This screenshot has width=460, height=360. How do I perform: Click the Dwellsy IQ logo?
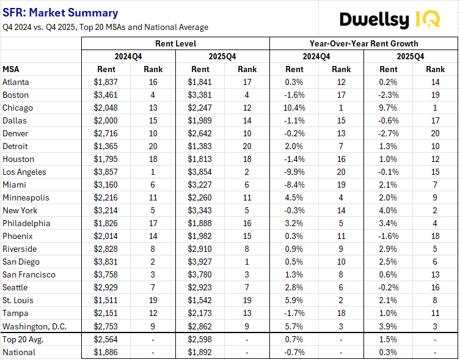tap(389, 19)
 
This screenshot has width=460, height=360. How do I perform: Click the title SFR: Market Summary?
tap(60, 13)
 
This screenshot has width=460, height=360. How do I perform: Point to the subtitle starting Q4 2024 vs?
tap(105, 27)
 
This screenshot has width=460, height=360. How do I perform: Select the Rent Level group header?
tap(175, 43)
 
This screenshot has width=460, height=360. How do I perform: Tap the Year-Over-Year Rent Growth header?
tap(363, 43)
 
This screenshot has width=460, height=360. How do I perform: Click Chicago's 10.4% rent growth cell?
tap(294, 108)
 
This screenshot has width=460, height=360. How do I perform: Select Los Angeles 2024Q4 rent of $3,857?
tap(106, 172)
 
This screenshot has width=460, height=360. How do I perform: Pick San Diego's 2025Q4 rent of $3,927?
tap(201, 262)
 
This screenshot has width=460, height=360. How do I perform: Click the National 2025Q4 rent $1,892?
tap(201, 352)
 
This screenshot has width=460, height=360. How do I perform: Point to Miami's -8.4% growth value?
tap(294, 185)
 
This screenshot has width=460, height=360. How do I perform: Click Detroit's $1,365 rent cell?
tap(106, 146)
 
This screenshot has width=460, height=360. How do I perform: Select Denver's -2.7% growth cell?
tap(389, 133)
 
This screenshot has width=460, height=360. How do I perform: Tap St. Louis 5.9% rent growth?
tap(294, 300)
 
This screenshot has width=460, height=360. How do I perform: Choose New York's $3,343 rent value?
tap(201, 210)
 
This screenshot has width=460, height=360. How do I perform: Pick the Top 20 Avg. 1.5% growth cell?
tap(389, 339)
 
